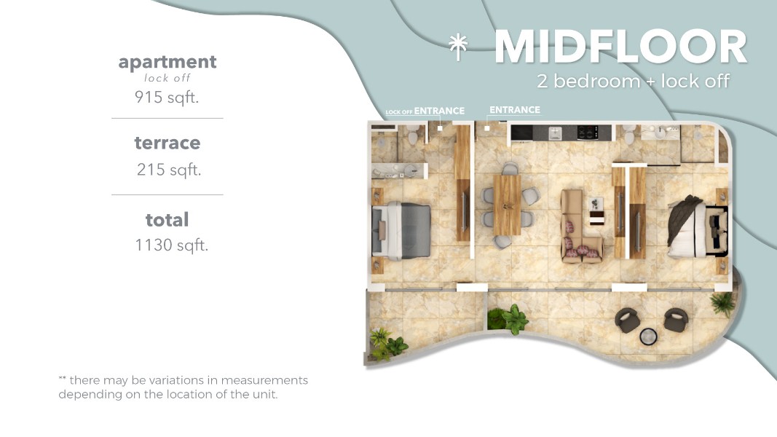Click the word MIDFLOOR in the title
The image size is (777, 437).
pyautogui.click(x=620, y=47)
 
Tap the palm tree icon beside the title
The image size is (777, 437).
pyautogui.click(x=458, y=47)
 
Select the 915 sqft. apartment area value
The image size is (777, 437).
pyautogui.click(x=167, y=97)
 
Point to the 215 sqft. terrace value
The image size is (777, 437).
pyautogui.click(x=168, y=170)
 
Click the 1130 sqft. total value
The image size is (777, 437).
pyautogui.click(x=171, y=245)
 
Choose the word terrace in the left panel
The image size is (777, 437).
pyautogui.click(x=167, y=143)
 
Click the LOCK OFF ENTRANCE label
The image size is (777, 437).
pyautogui.click(x=425, y=111)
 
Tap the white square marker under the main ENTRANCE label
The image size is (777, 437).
pyautogui.click(x=486, y=128)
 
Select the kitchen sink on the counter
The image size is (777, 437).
pyautogui.click(x=554, y=133)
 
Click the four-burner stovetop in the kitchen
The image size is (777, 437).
pyautogui.click(x=587, y=133)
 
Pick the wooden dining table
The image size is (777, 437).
pyautogui.click(x=507, y=205)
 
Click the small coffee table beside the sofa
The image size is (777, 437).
pyautogui.click(x=596, y=218)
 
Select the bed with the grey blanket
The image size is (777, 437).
pyautogui.click(x=401, y=230)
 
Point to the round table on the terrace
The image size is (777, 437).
pyautogui.click(x=648, y=336)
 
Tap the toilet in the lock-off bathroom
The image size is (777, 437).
pyautogui.click(x=412, y=134)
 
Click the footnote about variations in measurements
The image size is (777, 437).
pyautogui.click(x=183, y=387)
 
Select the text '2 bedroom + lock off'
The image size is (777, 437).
pyautogui.click(x=634, y=81)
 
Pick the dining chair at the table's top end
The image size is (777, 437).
pyautogui.click(x=510, y=168)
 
